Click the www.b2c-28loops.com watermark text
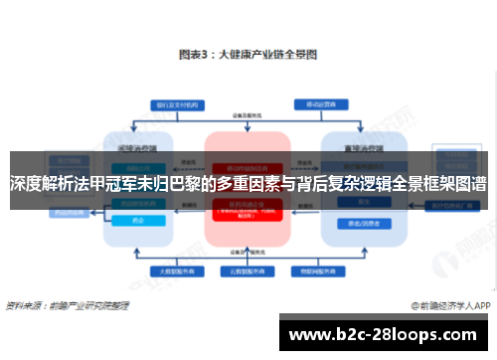[x=385, y=334]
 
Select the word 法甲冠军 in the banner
[x=115, y=184]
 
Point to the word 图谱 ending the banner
[x=470, y=184]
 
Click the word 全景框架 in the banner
[x=415, y=184]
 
